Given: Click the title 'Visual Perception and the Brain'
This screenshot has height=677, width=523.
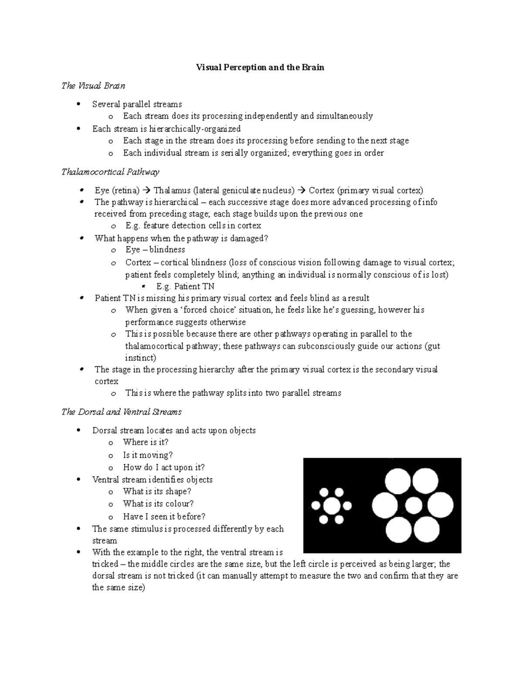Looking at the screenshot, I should coord(260,68).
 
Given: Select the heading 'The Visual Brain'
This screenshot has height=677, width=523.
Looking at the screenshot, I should coord(93,86).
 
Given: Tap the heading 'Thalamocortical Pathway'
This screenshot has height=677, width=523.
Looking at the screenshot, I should coord(110,172).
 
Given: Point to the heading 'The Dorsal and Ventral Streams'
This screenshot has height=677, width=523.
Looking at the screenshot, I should coord(122,412).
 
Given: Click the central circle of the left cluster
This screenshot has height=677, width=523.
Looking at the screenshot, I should coord(331,506).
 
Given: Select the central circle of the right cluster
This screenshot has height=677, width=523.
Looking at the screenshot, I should coord(414,506).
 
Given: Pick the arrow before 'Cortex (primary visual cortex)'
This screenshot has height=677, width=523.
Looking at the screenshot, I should coord(301,191).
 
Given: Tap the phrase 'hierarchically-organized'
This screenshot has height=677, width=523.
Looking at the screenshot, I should coord(195,129).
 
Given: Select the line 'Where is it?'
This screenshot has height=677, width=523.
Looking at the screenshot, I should coord(146,442).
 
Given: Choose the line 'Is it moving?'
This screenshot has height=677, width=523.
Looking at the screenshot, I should coord(148,455).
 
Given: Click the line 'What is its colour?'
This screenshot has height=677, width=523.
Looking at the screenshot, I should coord(158,503).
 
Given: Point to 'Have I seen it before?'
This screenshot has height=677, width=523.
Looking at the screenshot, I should coord(164,517).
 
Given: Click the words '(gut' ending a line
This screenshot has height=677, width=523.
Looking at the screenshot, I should coord(432,346).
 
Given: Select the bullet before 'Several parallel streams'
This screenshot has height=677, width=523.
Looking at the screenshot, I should coord(78,104).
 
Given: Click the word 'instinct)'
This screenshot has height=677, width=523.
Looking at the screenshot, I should coord(140,358).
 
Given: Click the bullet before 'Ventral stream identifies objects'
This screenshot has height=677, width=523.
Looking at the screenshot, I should coord(78,480).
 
